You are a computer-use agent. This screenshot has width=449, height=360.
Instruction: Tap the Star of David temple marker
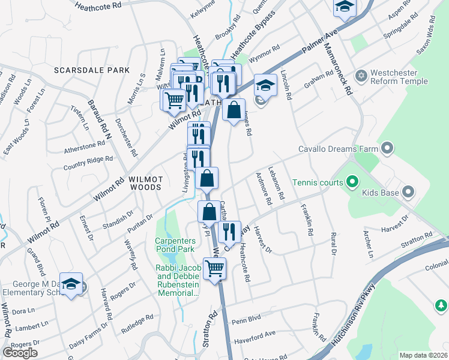click(361, 75)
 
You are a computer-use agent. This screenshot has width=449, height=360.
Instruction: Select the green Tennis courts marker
click(352, 182)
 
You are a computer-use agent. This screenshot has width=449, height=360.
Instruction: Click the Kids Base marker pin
click(409, 193)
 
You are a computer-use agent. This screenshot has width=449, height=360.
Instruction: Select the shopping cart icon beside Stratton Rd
click(214, 268)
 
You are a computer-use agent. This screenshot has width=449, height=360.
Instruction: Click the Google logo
click(20, 353)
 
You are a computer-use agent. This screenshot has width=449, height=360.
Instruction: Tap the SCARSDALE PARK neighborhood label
click(91, 70)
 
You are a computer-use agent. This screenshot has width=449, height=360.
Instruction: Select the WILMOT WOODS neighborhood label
click(143, 183)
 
